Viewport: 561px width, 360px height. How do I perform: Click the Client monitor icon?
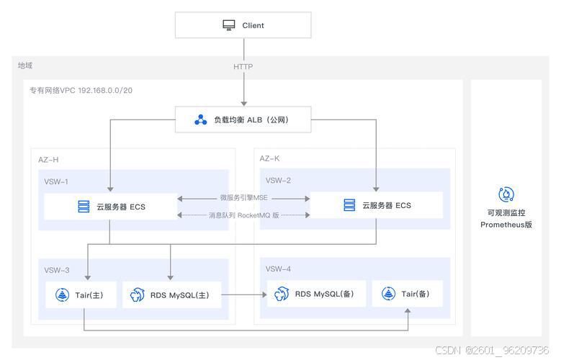[229, 25]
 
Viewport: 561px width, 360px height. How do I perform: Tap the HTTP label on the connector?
[243, 66]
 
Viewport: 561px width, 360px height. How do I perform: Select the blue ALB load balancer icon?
[201, 120]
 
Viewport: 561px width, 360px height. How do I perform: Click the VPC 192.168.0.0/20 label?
[81, 90]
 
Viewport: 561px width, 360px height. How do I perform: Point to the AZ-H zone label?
[48, 160]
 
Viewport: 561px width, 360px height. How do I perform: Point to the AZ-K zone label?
[270, 158]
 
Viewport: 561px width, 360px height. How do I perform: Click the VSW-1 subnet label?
[56, 181]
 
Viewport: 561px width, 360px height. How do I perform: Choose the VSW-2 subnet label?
[278, 180]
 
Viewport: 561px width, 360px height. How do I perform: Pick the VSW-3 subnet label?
[57, 270]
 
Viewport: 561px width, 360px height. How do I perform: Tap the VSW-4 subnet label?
[278, 269]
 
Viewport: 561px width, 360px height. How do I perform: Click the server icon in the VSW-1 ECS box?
[84, 207]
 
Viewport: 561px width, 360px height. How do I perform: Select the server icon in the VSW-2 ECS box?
[349, 205]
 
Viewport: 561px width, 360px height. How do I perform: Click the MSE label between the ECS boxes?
[243, 197]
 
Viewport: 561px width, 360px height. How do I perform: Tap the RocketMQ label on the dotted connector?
[244, 215]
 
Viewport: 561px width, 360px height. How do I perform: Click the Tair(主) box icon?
[62, 295]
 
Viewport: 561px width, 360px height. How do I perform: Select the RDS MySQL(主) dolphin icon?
[138, 295]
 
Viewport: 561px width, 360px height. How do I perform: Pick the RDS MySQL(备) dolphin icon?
[282, 294]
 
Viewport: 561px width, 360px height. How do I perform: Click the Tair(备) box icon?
[389, 294]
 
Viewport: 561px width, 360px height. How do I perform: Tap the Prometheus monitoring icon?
[506, 194]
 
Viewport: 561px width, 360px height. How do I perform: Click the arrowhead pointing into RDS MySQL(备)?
[264, 294]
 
